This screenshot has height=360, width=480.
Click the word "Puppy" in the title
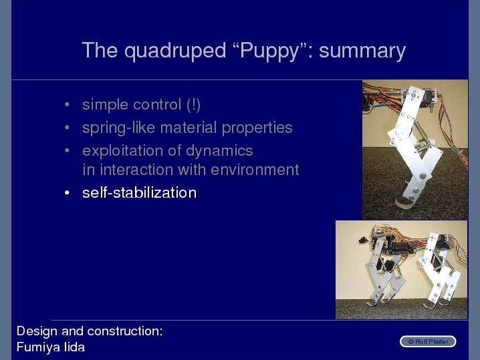coord(269,51)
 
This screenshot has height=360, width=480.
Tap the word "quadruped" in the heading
coord(175,51)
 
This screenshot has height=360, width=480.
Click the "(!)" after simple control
coord(193,105)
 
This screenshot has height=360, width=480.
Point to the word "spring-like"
coord(119,128)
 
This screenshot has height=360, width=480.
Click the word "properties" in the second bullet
coord(257,128)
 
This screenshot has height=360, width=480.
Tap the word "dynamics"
coord(219,150)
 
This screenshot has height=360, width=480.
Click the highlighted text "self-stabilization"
coord(139,193)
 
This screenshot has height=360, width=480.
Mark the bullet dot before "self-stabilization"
coord(67,193)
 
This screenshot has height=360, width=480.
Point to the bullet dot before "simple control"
coord(67,105)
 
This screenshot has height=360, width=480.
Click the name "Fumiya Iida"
coord(51,347)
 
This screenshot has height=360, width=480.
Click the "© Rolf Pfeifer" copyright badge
coord(428,342)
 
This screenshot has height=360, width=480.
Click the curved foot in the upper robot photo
coord(404,202)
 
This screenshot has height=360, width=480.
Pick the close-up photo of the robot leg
coord(415,150)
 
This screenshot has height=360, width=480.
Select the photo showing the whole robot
coord(401,270)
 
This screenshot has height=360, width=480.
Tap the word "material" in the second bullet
coord(189,128)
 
